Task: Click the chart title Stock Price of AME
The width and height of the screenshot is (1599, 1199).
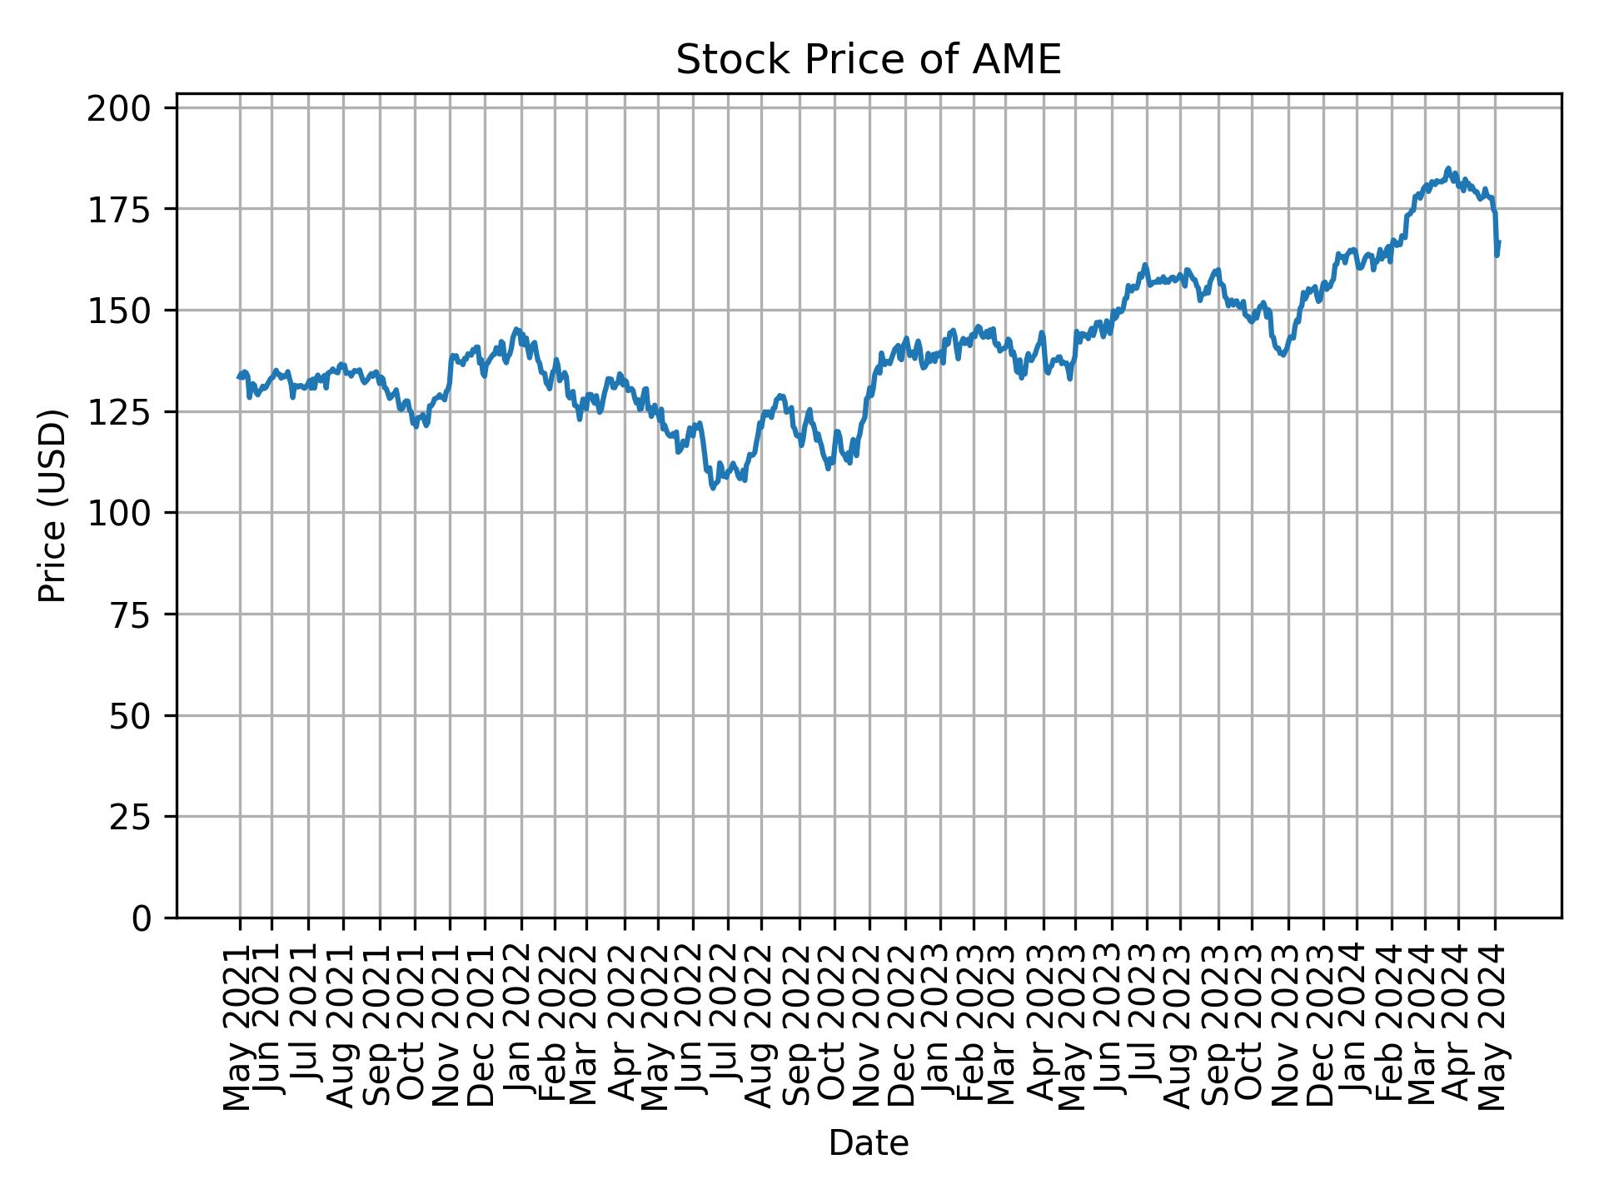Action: tap(868, 61)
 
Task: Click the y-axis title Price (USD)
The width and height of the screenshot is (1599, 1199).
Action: tap(52, 505)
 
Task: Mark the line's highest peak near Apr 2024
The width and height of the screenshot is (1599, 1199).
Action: tap(1447, 168)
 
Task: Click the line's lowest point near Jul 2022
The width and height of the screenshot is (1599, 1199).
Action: tap(713, 488)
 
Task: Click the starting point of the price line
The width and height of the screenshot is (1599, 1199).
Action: tap(239, 377)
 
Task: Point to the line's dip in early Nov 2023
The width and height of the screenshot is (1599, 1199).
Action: tap(1283, 355)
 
